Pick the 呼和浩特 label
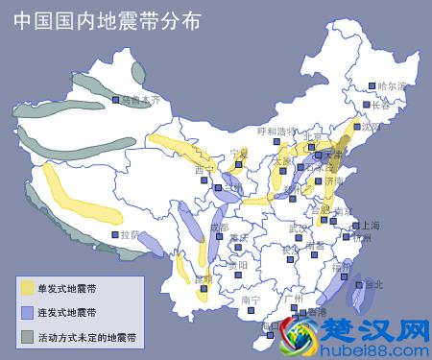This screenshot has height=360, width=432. [x=278, y=131]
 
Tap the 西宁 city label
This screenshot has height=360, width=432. [x=204, y=170]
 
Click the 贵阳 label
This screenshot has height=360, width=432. [x=237, y=265]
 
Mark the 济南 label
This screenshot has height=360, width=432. [x=335, y=180]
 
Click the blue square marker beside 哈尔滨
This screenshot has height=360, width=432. [x=372, y=86]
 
